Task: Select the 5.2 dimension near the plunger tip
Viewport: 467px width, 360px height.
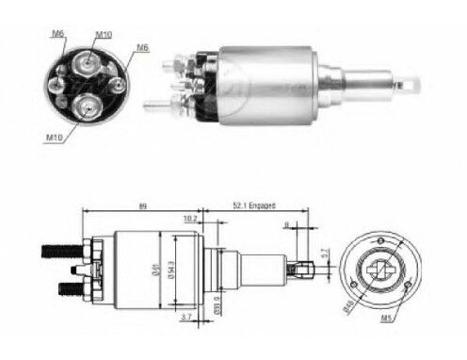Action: (x=322, y=254)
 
